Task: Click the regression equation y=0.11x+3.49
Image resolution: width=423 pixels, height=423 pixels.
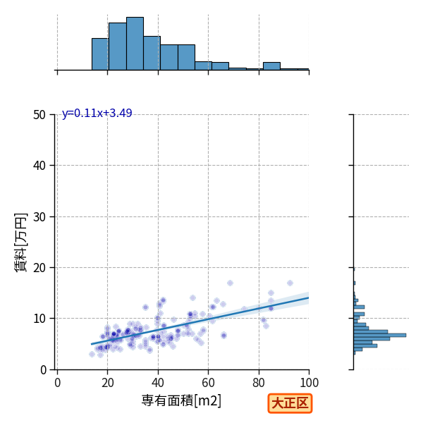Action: click(97, 113)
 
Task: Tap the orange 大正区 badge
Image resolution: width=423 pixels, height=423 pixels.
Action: click(290, 403)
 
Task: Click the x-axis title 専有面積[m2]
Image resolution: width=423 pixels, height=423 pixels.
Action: click(181, 400)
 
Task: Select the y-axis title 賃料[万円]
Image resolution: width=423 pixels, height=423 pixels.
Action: click(20, 243)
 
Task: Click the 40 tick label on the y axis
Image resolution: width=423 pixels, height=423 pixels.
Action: click(39, 166)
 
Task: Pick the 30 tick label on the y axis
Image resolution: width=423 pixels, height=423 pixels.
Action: click(39, 217)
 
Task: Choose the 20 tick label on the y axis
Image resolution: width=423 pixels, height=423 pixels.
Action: click(39, 268)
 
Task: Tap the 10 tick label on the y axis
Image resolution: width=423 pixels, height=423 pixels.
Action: click(39, 319)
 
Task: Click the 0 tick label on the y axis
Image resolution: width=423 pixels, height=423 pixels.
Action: click(43, 370)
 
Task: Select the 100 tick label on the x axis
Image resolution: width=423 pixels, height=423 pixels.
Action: click(309, 383)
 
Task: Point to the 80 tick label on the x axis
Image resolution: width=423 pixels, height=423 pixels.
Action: click(259, 383)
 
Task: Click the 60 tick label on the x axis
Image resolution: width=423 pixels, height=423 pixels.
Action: click(208, 383)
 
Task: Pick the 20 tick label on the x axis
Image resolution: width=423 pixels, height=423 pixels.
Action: click(108, 383)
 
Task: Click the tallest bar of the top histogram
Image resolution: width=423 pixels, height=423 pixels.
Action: click(135, 44)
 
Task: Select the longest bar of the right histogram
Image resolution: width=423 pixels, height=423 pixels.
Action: click(380, 336)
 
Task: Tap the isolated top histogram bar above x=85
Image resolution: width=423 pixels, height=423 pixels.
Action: click(271, 66)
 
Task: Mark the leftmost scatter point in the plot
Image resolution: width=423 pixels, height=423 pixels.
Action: click(92, 354)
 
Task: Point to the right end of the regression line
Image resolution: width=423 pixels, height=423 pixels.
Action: click(309, 298)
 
